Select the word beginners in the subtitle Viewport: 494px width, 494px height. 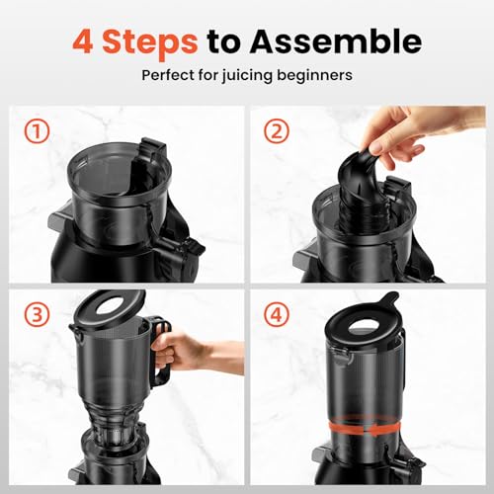click(319, 75)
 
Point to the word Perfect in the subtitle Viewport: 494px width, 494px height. click(170, 75)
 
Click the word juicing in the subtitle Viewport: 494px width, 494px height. click(255, 75)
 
